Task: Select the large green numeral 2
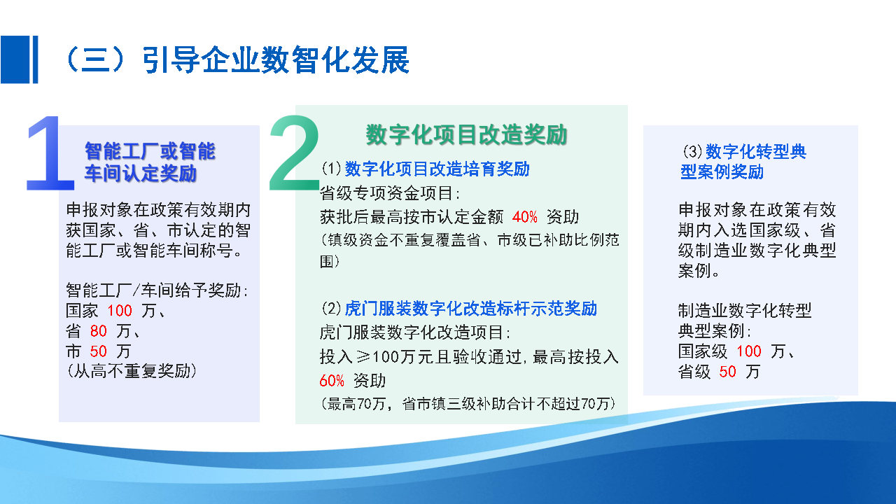(x=294, y=155)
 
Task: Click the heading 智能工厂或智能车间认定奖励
(x=150, y=162)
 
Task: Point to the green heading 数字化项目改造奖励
(x=466, y=134)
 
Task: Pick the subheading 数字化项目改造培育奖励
(x=437, y=169)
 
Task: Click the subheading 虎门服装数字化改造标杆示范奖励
(x=470, y=309)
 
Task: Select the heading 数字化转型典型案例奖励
(x=743, y=162)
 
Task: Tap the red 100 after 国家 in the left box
(x=120, y=311)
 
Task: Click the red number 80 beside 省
(x=99, y=331)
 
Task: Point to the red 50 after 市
(x=99, y=351)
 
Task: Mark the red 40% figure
(x=525, y=217)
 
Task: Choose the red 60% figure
(x=332, y=381)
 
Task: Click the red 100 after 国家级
(x=749, y=351)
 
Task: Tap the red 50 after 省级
(x=728, y=372)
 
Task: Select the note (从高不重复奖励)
(x=131, y=371)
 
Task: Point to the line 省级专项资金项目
(x=389, y=193)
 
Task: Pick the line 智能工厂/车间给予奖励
(x=156, y=290)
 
